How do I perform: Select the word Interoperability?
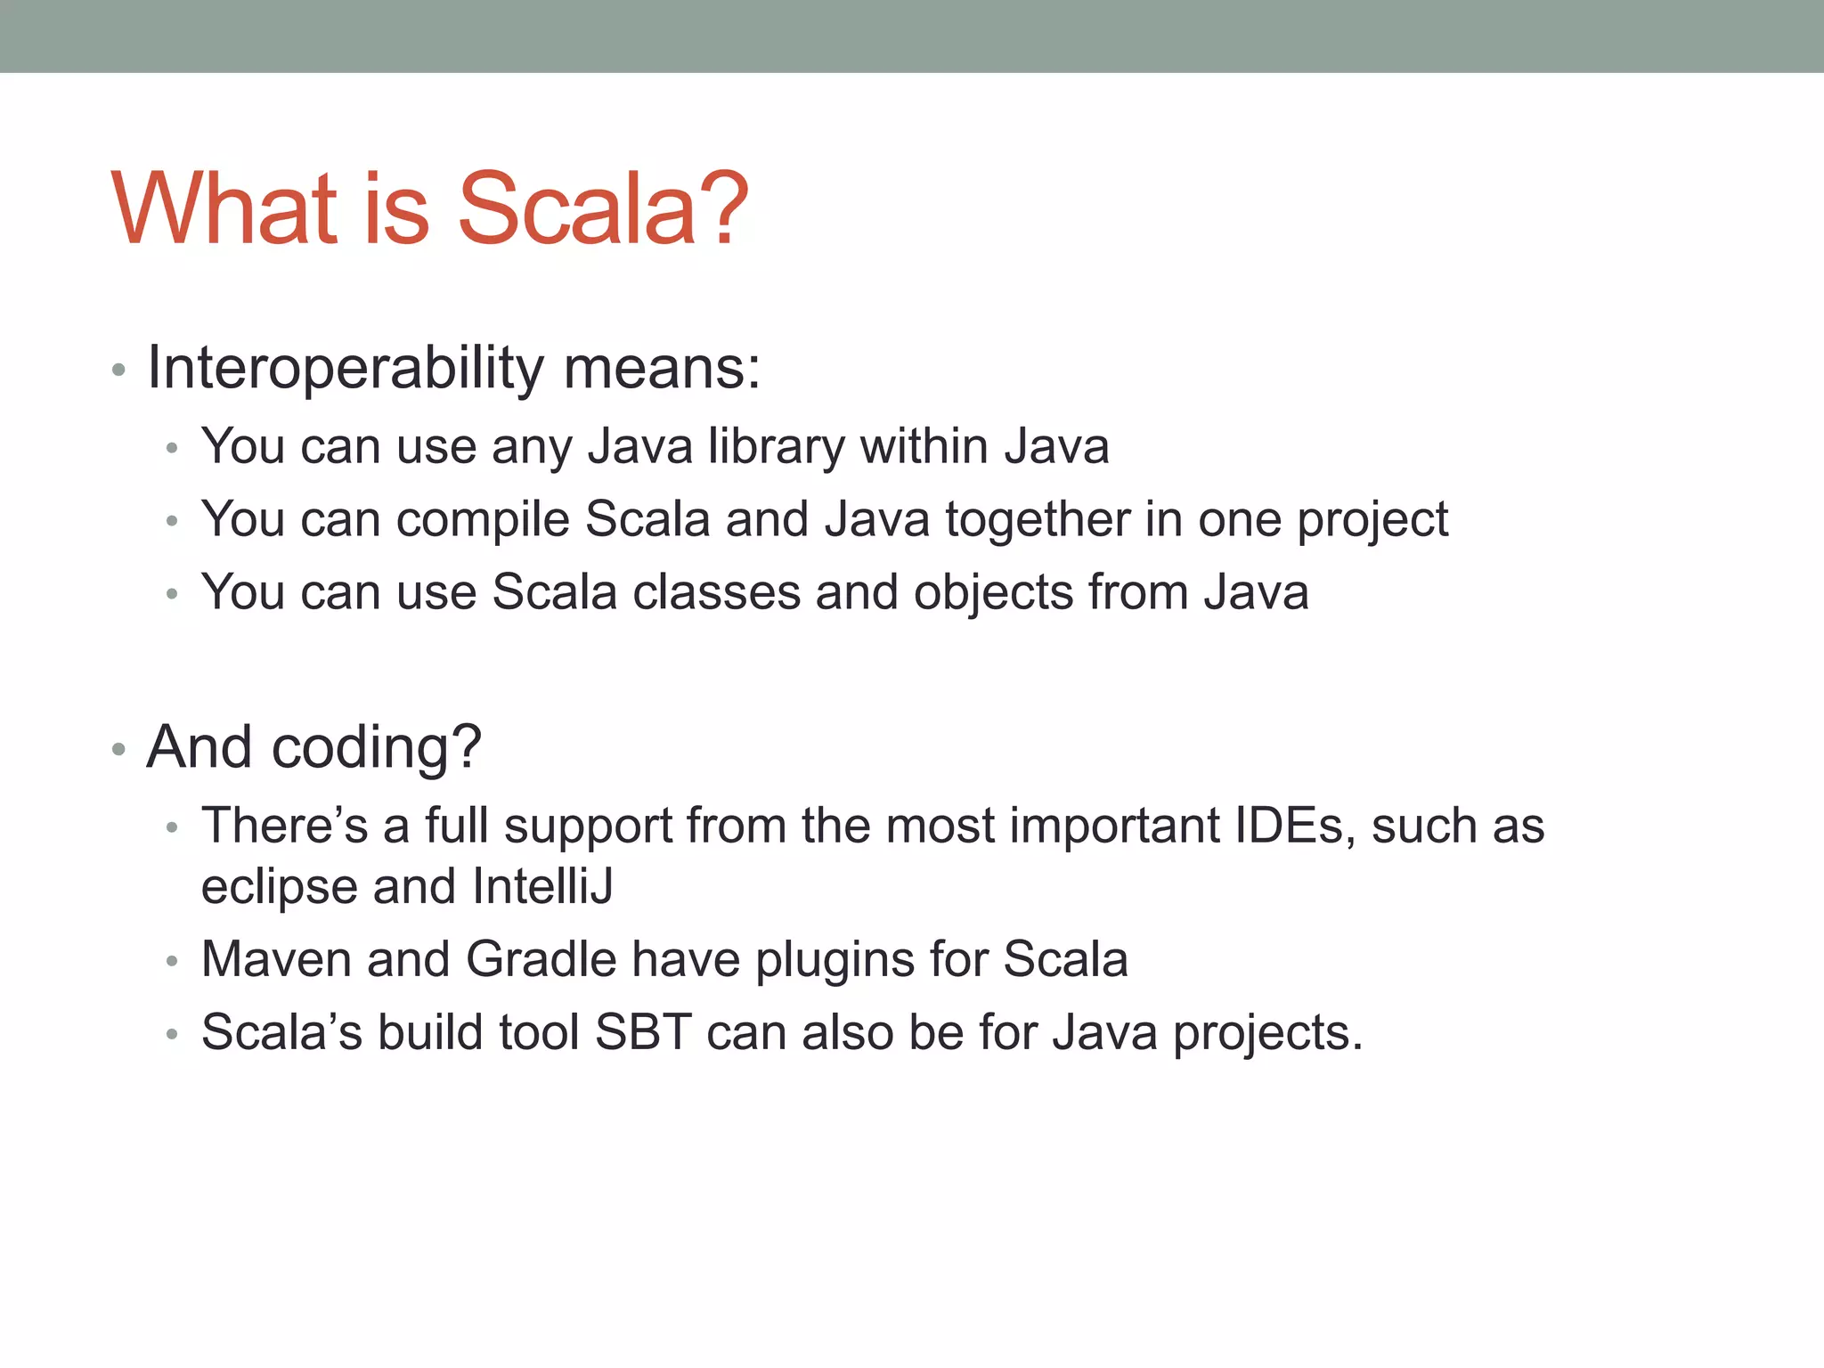[x=346, y=367]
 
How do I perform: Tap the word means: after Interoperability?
[x=662, y=367]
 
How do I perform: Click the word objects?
[x=993, y=594]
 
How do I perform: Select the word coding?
[x=376, y=748]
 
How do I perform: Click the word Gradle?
[x=541, y=959]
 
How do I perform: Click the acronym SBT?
[x=643, y=1032]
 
